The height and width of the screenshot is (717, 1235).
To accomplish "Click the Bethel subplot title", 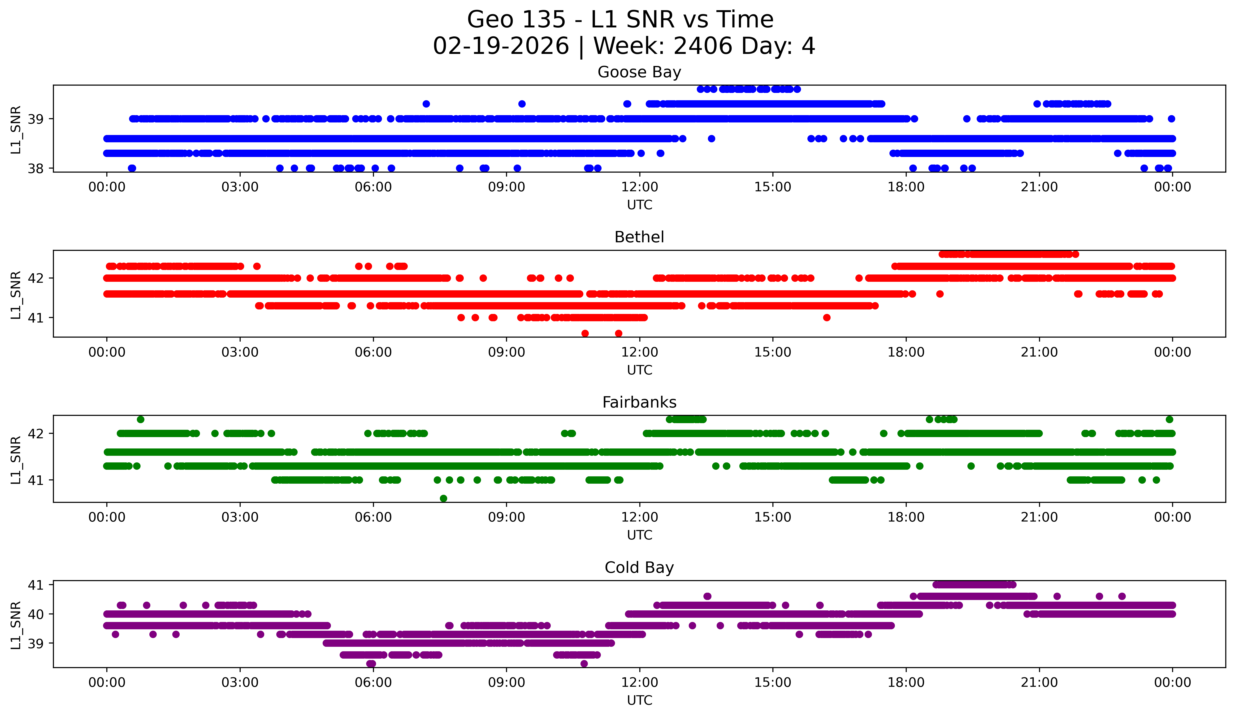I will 639,237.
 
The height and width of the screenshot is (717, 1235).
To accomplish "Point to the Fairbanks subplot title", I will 639,402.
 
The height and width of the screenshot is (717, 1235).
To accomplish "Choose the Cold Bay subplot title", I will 639,568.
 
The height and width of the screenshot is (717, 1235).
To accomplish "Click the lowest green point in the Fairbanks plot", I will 443,498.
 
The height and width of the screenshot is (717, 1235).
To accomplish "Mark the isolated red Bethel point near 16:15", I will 827,317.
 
